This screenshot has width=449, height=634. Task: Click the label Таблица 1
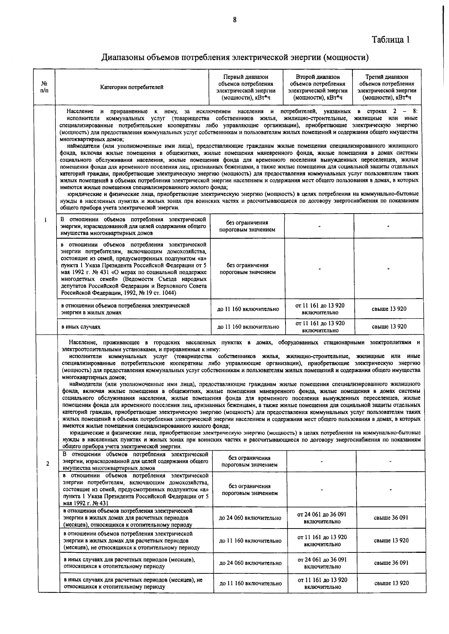click(391, 40)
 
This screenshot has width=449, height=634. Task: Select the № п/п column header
click(44, 87)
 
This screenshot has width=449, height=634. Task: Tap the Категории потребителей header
click(132, 87)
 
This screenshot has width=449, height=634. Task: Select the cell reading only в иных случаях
click(81, 327)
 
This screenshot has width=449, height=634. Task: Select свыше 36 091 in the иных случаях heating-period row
click(391, 563)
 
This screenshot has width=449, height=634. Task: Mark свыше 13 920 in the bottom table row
click(391, 583)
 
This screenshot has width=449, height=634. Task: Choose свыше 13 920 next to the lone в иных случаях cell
click(389, 327)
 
